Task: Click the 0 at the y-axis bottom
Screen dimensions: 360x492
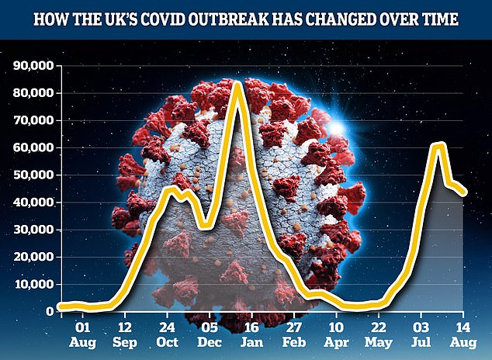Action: point(49,311)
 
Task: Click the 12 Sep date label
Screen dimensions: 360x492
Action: point(126,334)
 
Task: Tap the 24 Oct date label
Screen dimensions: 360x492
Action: point(168,334)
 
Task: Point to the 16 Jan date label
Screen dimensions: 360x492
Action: point(252,334)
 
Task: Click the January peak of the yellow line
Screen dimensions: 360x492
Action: point(237,83)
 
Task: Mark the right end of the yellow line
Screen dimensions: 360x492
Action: point(464,194)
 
